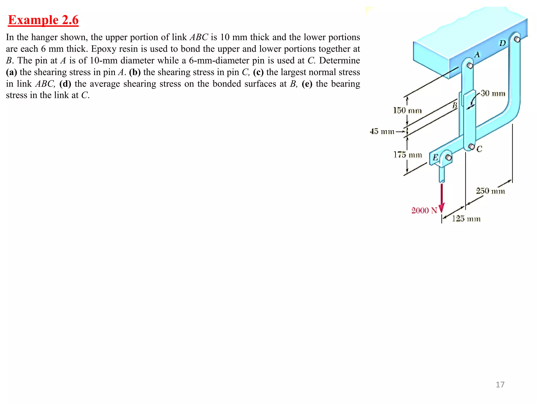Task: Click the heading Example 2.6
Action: pos(43,20)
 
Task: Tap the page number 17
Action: pos(500,385)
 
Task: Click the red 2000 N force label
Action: pos(424,210)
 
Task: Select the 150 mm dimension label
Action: pos(407,110)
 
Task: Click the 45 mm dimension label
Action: pos(382,131)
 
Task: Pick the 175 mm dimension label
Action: pos(407,155)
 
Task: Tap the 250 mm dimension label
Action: pos(490,191)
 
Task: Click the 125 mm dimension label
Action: pos(466,219)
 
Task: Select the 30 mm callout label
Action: pos(493,93)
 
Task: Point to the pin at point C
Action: pos(471,146)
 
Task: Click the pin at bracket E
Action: pos(448,157)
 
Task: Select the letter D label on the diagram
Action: pos(502,43)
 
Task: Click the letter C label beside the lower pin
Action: pos(479,149)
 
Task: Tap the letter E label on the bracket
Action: pos(435,157)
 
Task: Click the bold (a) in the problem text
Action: pos(11,72)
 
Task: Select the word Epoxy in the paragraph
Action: pos(103,49)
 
